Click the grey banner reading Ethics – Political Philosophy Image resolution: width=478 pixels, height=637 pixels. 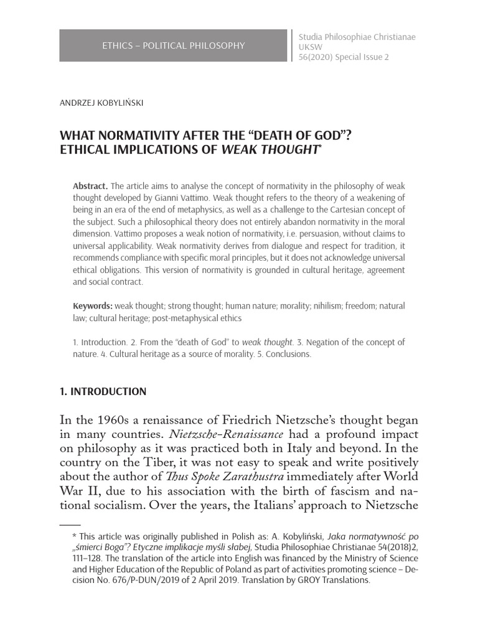(x=174, y=45)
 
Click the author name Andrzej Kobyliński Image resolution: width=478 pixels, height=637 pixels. (x=101, y=103)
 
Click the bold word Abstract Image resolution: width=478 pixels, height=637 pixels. (x=91, y=187)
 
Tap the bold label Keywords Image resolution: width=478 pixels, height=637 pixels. (x=93, y=305)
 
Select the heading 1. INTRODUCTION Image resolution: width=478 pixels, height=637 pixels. (x=103, y=391)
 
